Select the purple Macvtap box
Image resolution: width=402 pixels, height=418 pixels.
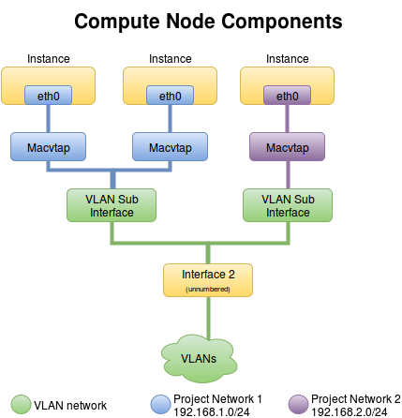pyautogui.click(x=287, y=147)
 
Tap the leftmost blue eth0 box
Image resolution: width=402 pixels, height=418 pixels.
pyautogui.click(x=48, y=95)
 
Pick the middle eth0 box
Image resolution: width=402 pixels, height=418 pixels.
pyautogui.click(x=170, y=95)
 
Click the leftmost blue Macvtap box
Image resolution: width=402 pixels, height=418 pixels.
pyautogui.click(x=48, y=147)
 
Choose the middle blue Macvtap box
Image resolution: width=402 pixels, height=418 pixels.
pyautogui.click(x=170, y=147)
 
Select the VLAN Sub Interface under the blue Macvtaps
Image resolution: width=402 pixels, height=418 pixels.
pyautogui.click(x=111, y=205)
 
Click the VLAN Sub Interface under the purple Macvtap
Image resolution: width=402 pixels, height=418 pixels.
pyautogui.click(x=287, y=205)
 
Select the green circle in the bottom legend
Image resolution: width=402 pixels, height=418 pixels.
pyautogui.click(x=21, y=404)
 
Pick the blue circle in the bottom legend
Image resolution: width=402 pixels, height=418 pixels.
pyautogui.click(x=161, y=404)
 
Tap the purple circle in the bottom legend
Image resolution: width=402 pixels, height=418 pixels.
pyautogui.click(x=298, y=404)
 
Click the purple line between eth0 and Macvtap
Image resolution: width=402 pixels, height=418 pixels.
pyautogui.click(x=287, y=118)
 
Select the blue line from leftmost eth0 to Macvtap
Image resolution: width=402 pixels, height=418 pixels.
pyautogui.click(x=48, y=118)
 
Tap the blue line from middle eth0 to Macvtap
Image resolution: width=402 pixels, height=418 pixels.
pyautogui.click(x=170, y=118)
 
